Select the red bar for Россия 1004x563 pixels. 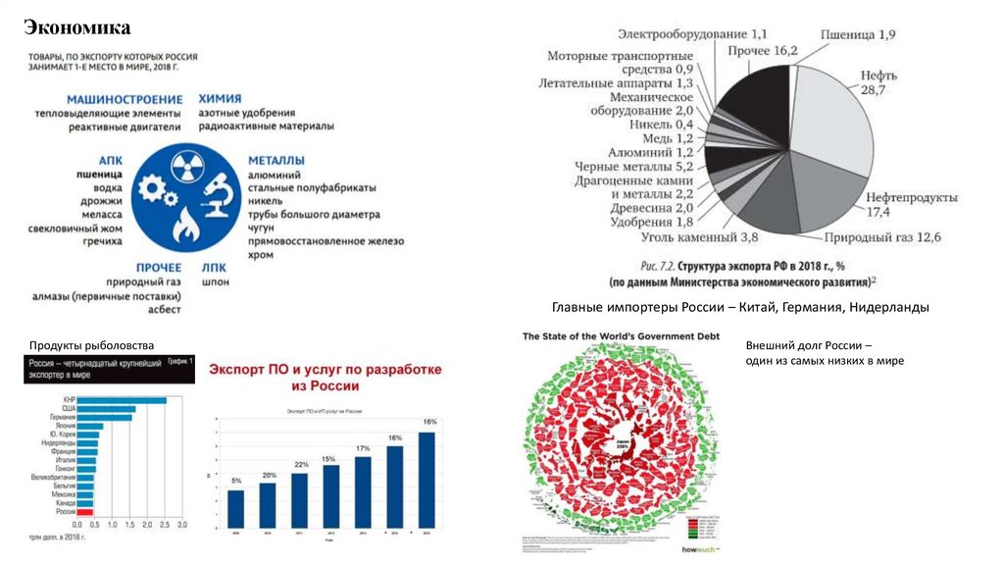click(84, 512)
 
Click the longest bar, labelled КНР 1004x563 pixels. click(122, 400)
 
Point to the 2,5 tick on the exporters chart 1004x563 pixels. click(163, 527)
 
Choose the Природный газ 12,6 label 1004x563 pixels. click(882, 237)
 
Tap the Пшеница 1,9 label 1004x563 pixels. click(857, 34)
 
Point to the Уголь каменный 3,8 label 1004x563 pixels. click(700, 237)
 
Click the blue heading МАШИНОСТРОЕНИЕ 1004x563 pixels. click(125, 100)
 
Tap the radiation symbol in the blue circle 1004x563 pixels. click(183, 170)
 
